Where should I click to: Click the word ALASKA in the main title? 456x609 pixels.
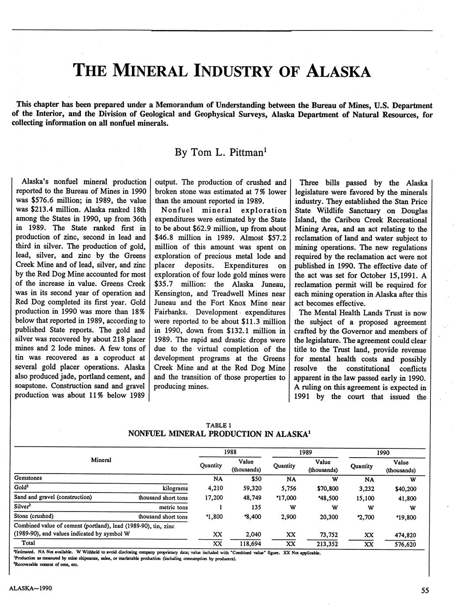pyautogui.click(x=339, y=71)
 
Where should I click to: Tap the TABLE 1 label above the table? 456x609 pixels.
pyautogui.click(x=219, y=425)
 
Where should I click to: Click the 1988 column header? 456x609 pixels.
pyautogui.click(x=230, y=452)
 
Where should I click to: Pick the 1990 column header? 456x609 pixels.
pyautogui.click(x=383, y=452)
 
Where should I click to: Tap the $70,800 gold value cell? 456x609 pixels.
pyautogui.click(x=328, y=489)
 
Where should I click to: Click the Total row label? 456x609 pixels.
pyautogui.click(x=29, y=543)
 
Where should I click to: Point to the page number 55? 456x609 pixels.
pyautogui.click(x=425, y=591)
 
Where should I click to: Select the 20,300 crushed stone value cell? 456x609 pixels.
pyautogui.click(x=328, y=517)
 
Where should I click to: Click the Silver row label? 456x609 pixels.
pyautogui.click(x=24, y=507)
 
